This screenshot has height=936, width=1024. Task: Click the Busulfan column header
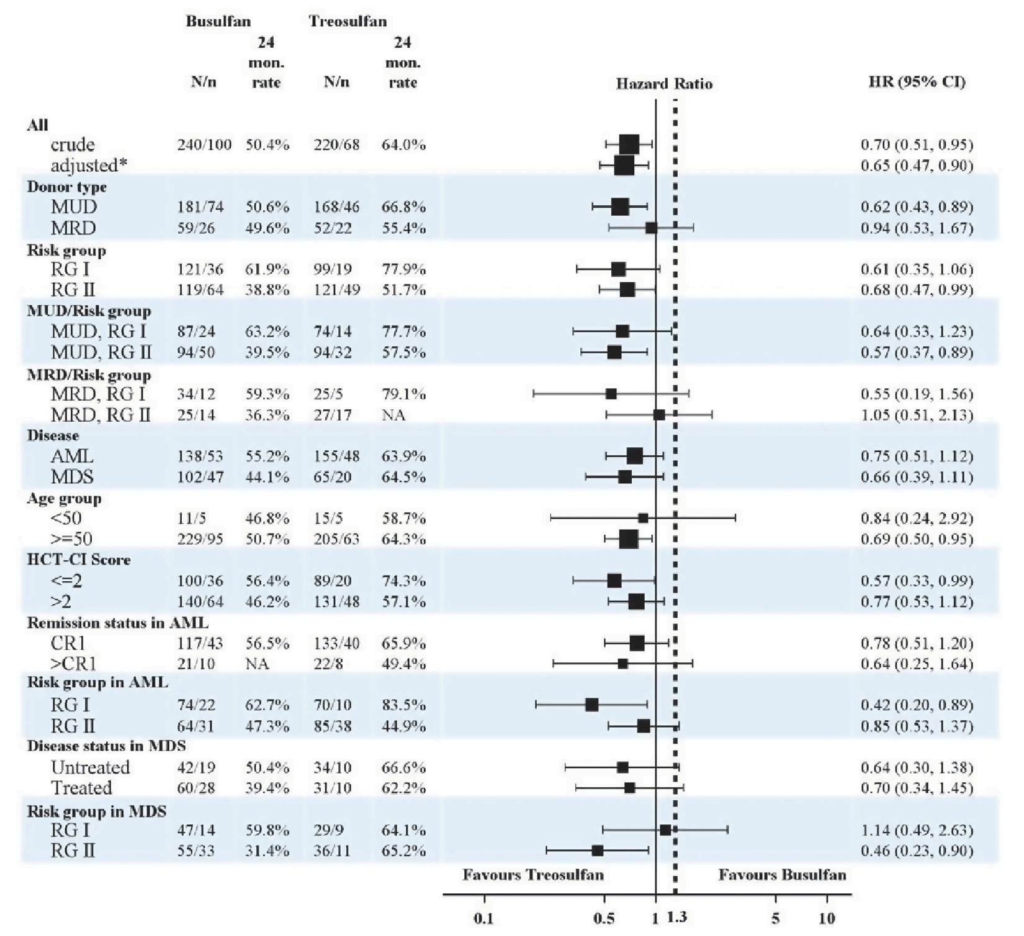click(x=218, y=21)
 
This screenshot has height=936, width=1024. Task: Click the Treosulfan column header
click(x=348, y=21)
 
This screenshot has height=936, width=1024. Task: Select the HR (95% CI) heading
click(x=917, y=81)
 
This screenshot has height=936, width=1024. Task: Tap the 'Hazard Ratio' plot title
click(x=663, y=84)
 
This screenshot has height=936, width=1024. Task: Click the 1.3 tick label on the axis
click(x=677, y=917)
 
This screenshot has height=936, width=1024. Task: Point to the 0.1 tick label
click(x=483, y=918)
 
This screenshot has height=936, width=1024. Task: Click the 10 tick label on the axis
click(x=827, y=918)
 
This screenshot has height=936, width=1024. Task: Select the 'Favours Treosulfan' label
click(x=533, y=875)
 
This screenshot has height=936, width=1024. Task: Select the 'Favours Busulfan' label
click(x=782, y=875)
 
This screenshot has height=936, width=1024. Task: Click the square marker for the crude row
click(x=629, y=145)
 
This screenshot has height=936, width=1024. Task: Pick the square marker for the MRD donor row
click(x=650, y=228)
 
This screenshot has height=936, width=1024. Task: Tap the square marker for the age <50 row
click(x=643, y=518)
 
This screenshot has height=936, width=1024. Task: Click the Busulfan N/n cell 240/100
click(x=204, y=145)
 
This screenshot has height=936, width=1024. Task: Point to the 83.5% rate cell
click(x=403, y=705)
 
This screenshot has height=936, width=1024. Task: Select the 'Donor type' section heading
click(x=66, y=187)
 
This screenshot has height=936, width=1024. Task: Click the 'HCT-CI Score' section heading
click(x=78, y=559)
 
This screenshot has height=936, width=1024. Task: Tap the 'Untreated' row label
click(x=90, y=767)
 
